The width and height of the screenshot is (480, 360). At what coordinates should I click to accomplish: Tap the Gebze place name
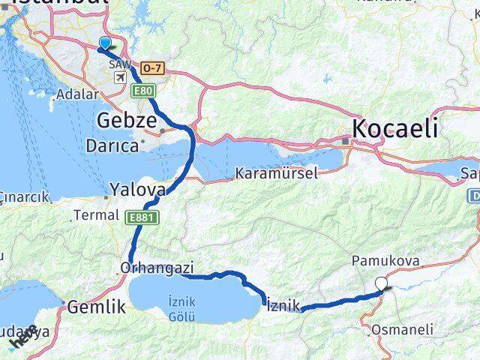(x=127, y=120)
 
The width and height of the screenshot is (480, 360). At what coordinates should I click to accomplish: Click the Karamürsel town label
(x=276, y=173)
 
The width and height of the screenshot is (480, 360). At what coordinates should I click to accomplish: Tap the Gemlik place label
(x=95, y=306)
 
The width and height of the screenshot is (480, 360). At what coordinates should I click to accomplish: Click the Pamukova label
(x=384, y=261)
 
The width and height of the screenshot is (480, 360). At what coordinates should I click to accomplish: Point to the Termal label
(x=96, y=215)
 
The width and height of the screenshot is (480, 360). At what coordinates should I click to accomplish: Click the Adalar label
(x=79, y=95)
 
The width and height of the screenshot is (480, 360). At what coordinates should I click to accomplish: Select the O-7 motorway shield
(x=151, y=67)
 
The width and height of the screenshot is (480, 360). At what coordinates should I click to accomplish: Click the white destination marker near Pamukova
(x=383, y=283)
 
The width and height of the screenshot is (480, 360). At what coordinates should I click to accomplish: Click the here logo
(x=22, y=338)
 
